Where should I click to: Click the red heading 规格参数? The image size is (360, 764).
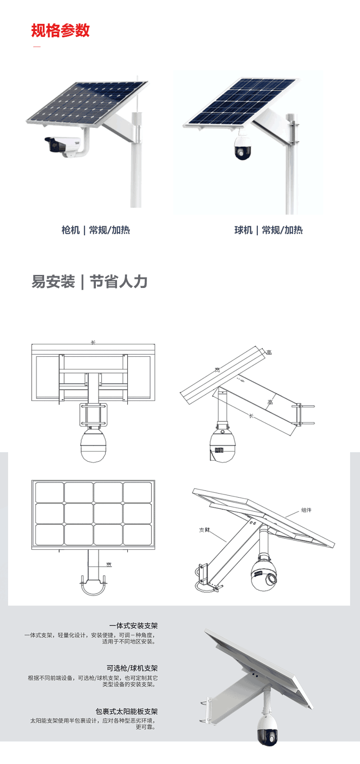[x=60, y=31]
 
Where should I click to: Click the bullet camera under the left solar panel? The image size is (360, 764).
[x=63, y=146]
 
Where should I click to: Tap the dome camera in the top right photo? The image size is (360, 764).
[x=243, y=147]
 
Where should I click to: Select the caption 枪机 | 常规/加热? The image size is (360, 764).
[x=95, y=230]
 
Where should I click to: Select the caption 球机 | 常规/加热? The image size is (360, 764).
[x=268, y=230]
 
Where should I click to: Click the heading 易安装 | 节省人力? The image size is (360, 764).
[x=89, y=282]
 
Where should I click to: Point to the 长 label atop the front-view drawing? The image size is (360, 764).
[x=93, y=342]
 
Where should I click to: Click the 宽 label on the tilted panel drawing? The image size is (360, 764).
[x=217, y=370]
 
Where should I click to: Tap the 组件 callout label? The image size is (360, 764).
[x=306, y=510]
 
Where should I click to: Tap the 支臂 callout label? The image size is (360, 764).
[x=204, y=530]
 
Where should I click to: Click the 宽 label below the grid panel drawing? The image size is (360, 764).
[x=109, y=565]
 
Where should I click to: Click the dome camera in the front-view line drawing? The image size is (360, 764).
[x=94, y=445]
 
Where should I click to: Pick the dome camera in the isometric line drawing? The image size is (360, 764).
[x=264, y=574]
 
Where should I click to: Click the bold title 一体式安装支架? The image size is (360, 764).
[x=133, y=626]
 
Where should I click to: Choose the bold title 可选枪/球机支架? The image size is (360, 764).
[x=132, y=668]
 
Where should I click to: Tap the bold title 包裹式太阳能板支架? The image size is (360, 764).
[x=126, y=711]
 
